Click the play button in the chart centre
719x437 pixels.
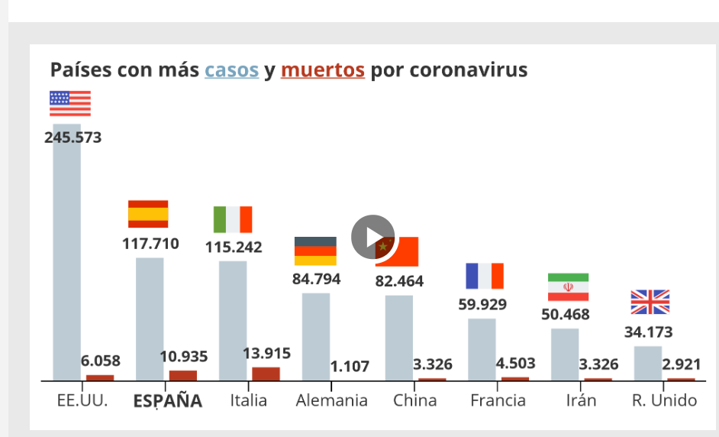tap(372, 237)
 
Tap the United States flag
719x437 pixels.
tap(70, 103)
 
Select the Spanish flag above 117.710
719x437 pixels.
tap(148, 214)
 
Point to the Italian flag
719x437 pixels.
tap(233, 219)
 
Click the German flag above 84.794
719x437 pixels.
tap(315, 251)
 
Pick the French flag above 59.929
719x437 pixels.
tap(485, 276)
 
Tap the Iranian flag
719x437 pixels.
tap(568, 287)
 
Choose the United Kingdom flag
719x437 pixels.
tap(650, 303)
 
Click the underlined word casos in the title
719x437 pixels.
tap(231, 70)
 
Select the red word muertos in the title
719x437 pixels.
tap(322, 70)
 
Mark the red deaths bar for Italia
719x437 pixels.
tap(266, 374)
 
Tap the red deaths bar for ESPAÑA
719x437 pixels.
tap(182, 375)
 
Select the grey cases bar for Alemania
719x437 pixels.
tap(315, 336)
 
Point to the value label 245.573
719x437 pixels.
tap(73, 138)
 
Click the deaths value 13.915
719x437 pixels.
tap(266, 354)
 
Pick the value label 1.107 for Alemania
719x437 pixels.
tap(350, 367)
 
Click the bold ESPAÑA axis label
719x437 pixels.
tap(168, 401)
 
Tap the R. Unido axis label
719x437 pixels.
tap(664, 400)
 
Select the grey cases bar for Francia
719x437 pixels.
tap(482, 349)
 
